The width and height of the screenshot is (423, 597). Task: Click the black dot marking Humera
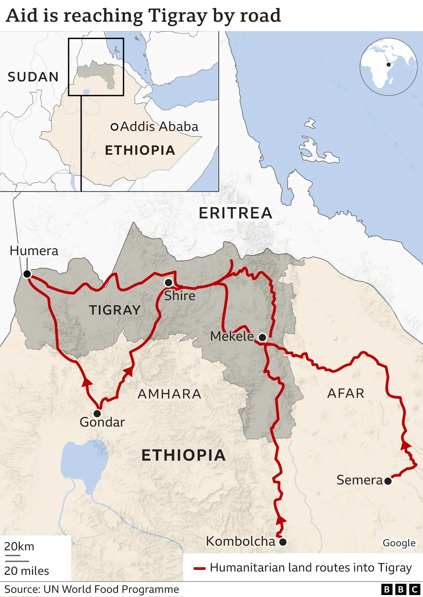click(27, 274)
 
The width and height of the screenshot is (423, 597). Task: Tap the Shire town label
click(179, 296)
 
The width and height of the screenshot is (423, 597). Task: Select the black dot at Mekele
click(262, 338)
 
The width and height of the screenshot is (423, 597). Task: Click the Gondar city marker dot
click(97, 413)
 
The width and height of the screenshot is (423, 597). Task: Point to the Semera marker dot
click(388, 481)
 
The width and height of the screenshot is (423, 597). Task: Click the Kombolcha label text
click(240, 541)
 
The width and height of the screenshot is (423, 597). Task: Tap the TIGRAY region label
click(115, 310)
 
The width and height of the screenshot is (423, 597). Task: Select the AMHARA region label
click(169, 394)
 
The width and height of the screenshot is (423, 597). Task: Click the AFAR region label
click(346, 393)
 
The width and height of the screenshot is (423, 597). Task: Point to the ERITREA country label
click(235, 213)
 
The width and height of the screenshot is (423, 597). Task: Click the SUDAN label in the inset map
click(33, 77)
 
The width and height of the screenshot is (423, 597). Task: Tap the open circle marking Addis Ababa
click(114, 127)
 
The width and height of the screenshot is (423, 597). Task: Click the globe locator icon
click(388, 67)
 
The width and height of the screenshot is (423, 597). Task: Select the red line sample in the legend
click(200, 569)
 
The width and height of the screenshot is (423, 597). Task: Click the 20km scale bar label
click(19, 546)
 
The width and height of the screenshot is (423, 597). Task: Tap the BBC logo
click(400, 589)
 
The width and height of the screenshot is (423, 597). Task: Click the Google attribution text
click(399, 543)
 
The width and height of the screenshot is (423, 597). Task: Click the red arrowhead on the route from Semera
click(405, 445)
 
